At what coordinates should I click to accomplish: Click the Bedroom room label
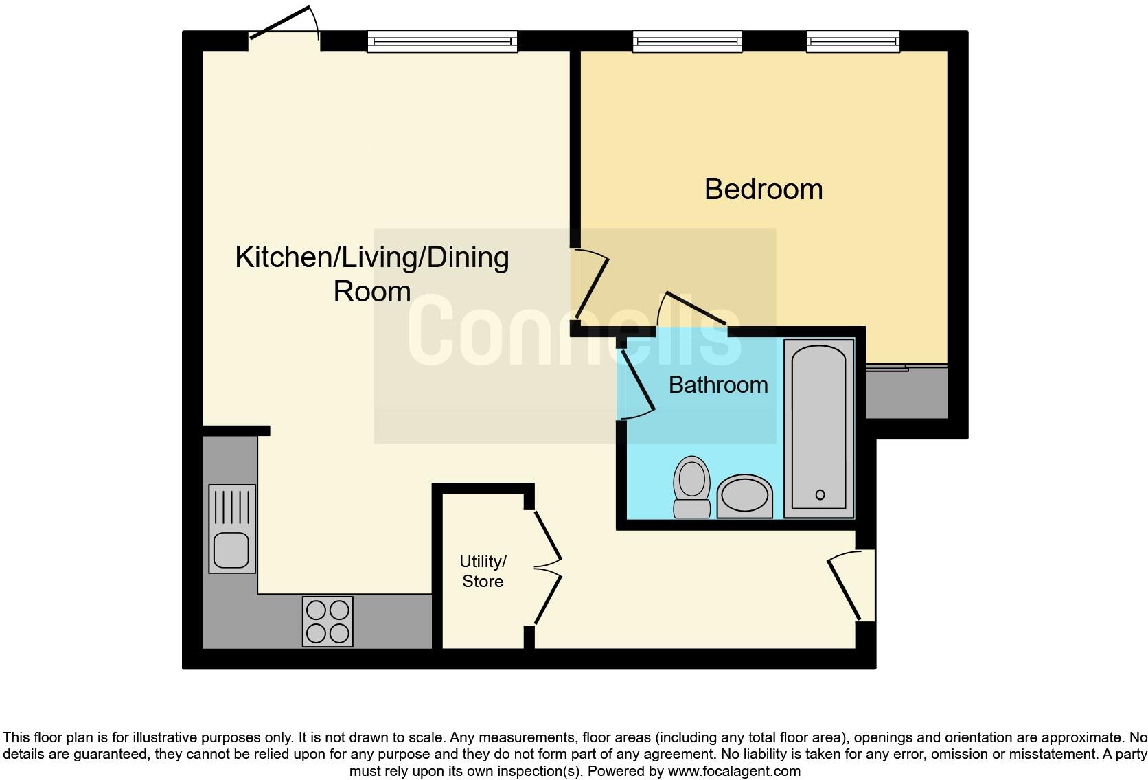tap(763, 189)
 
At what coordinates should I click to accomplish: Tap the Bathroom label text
tap(717, 385)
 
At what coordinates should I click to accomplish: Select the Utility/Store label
tap(483, 571)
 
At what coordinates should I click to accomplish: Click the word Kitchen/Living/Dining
tap(371, 257)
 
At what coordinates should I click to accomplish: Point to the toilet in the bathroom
tap(691, 486)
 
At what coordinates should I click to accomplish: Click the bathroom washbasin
tap(744, 496)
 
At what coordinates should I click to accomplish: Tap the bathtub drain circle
tap(820, 494)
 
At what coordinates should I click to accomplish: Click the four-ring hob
tap(328, 621)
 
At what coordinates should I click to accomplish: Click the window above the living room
tap(442, 42)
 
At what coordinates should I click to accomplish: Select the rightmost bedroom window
tap(853, 42)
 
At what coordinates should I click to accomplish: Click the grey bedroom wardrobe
tap(906, 392)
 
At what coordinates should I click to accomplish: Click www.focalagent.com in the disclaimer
tap(733, 771)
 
